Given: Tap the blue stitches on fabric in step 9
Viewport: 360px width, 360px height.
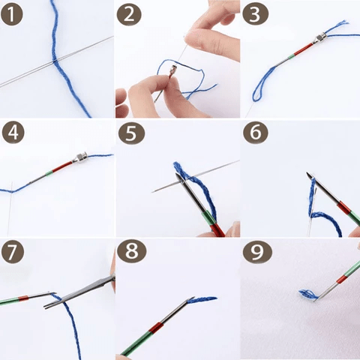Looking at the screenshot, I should pos(307,293).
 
